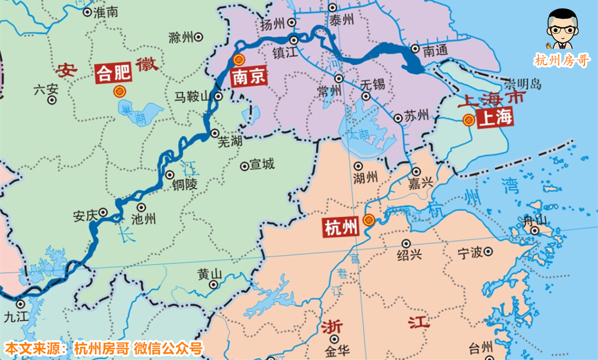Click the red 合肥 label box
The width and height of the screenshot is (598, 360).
[x=113, y=73]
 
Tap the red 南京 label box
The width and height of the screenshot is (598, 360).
[x=248, y=77]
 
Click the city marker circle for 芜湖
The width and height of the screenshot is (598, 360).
[x=214, y=133]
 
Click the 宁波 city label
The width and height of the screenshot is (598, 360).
[x=470, y=253]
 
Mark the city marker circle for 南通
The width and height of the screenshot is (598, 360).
[x=415, y=49]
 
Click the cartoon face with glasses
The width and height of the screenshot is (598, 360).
[x=562, y=29]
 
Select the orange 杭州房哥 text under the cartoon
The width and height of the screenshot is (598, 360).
[x=562, y=60]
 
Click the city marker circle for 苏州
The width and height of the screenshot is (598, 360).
[x=398, y=118]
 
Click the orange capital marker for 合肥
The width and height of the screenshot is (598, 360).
[x=119, y=91]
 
